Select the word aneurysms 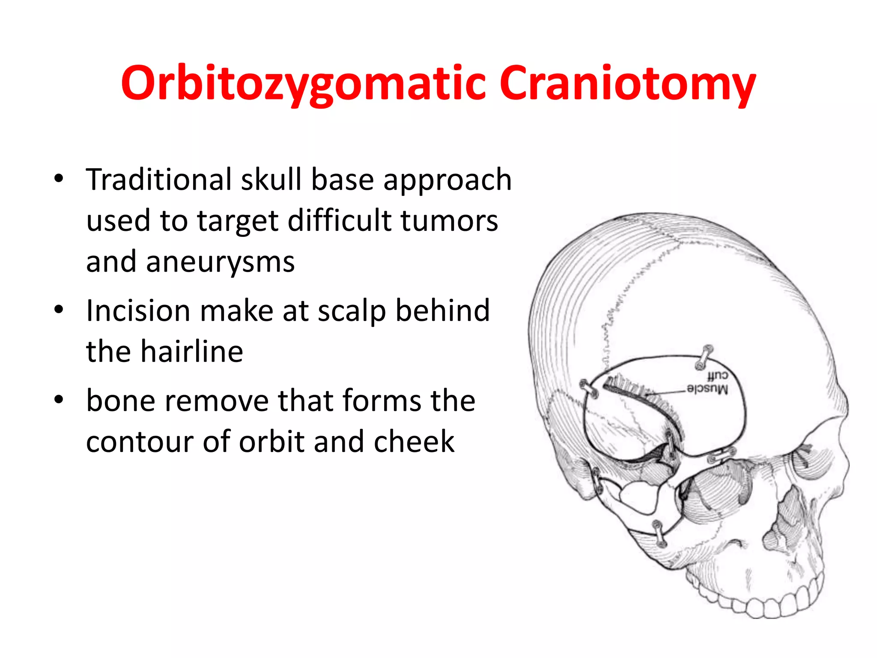pyautogui.click(x=220, y=262)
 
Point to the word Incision pyautogui.click(x=137, y=311)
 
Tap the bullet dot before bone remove pyautogui.click(x=59, y=399)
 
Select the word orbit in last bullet pyautogui.click(x=271, y=442)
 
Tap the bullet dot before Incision pyautogui.click(x=59, y=309)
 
